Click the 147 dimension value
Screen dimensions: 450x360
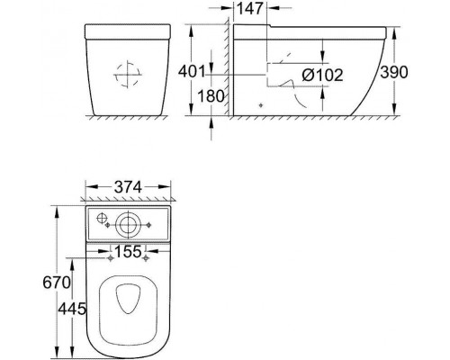tap(250, 8)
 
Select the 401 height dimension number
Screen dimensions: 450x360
tap(192, 72)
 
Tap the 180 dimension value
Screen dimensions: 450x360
tap(211, 96)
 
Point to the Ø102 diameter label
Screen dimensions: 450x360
tap(322, 75)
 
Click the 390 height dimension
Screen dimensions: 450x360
tap(394, 72)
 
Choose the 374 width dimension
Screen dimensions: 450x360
tap(128, 187)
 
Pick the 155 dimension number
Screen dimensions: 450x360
tap(128, 251)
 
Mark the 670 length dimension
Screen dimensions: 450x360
tap(57, 283)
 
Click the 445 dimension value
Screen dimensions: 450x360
tap(72, 309)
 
